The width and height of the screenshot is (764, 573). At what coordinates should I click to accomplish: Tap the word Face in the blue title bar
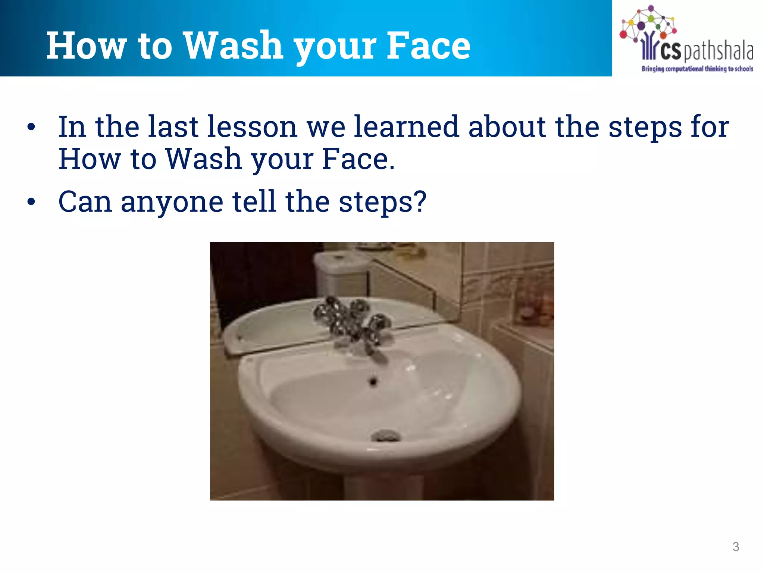(x=428, y=46)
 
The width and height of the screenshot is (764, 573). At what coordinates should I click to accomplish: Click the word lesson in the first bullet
(x=252, y=127)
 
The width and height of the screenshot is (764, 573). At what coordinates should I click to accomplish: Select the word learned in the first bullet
(x=406, y=127)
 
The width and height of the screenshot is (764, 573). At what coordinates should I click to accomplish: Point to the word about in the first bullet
(x=507, y=127)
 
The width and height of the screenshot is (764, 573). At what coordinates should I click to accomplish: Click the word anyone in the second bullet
(x=172, y=202)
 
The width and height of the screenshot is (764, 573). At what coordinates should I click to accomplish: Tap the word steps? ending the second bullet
(x=382, y=202)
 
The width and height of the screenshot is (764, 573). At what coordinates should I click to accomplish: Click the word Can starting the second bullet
(x=85, y=202)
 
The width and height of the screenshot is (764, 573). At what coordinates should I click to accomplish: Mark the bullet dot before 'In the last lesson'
(x=31, y=128)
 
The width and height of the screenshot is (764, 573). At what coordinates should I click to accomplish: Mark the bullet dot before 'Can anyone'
(x=31, y=202)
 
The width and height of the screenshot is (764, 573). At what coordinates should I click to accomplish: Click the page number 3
(x=735, y=547)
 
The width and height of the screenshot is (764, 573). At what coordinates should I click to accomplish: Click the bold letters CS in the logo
(x=671, y=51)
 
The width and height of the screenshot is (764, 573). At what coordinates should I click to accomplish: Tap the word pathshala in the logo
(x=718, y=51)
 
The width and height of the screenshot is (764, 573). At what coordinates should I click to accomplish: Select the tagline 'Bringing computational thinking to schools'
(x=696, y=69)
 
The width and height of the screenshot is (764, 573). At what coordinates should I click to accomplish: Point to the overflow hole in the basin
(x=373, y=381)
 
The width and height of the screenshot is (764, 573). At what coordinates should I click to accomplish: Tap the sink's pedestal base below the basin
(x=382, y=485)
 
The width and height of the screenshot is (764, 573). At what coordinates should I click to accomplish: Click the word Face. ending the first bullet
(x=358, y=160)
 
